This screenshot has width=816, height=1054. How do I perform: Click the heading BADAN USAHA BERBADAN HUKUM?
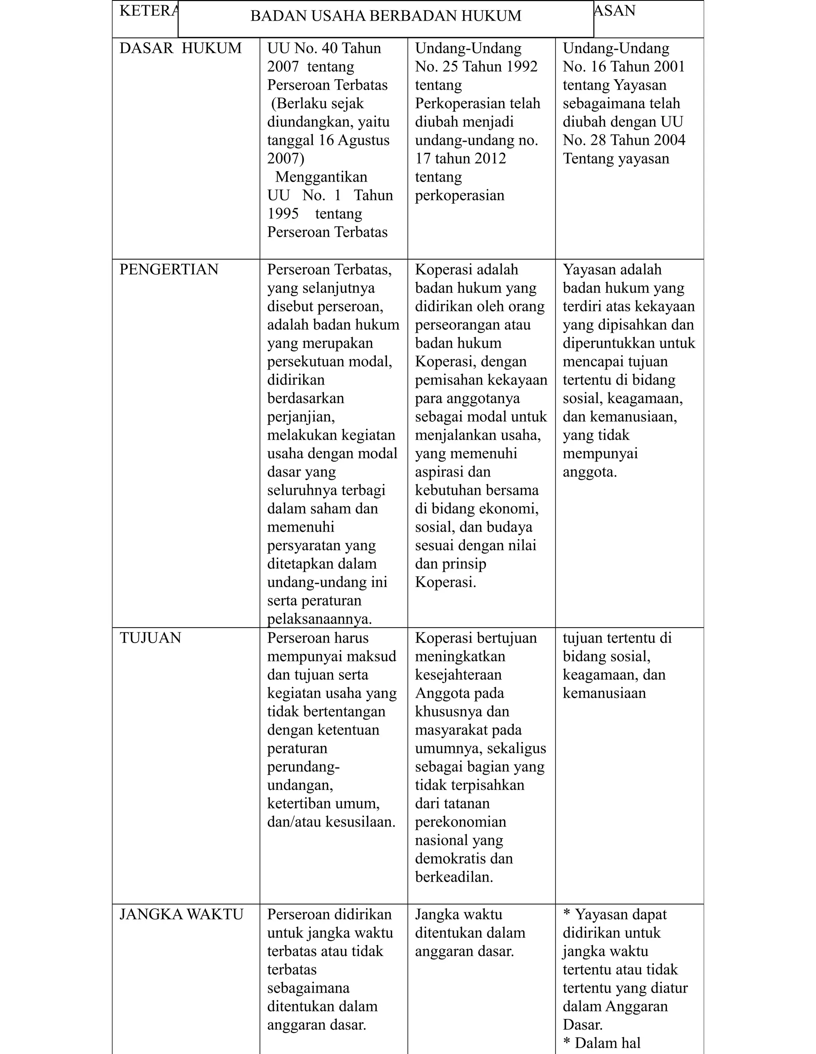pyautogui.click(x=385, y=16)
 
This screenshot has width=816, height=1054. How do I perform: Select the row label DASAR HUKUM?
pyautogui.click(x=180, y=48)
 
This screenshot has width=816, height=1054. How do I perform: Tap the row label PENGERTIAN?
pyautogui.click(x=169, y=269)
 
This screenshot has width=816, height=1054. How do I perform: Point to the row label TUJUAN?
pyautogui.click(x=150, y=637)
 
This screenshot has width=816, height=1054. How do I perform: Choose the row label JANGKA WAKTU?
pyautogui.click(x=181, y=914)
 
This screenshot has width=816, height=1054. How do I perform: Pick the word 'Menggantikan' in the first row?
pyautogui.click(x=321, y=177)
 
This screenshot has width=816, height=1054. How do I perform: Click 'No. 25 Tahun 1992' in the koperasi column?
pyautogui.click(x=476, y=66)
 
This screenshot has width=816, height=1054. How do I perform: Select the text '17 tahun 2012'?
pyautogui.click(x=460, y=158)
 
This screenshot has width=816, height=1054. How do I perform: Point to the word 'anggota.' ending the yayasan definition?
pyautogui.click(x=590, y=471)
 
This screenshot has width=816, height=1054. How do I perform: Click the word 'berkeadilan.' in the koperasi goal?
pyautogui.click(x=453, y=876)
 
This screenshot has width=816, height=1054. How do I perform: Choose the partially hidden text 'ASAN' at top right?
pyautogui.click(x=615, y=11)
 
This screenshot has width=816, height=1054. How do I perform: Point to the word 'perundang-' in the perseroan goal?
pyautogui.click(x=303, y=767)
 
